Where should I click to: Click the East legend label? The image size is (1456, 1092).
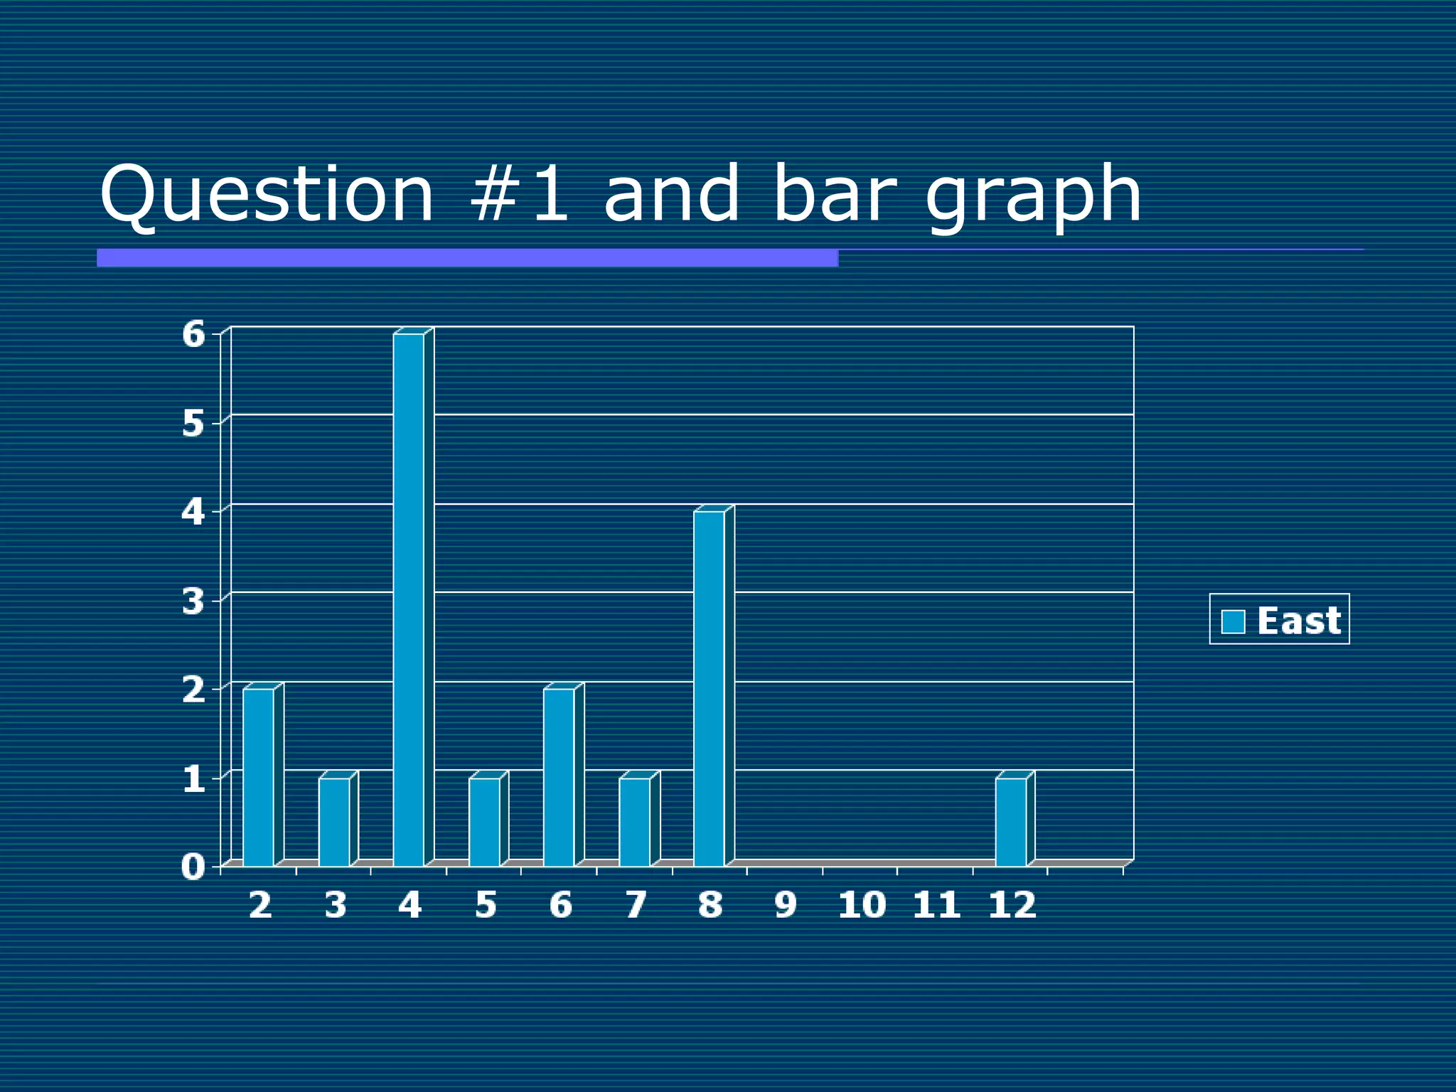point(1299,621)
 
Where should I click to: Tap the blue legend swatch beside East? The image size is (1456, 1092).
point(1233,621)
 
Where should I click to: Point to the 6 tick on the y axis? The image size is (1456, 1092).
point(193,334)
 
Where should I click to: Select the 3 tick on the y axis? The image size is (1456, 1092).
point(193,601)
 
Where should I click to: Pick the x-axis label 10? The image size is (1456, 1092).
point(862,906)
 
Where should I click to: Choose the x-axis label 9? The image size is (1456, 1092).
point(786,906)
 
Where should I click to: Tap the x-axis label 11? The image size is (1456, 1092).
point(936,906)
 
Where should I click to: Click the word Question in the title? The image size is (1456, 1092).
point(267,195)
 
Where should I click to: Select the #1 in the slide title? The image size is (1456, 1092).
point(519,193)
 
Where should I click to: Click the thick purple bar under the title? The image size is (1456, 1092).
point(467,258)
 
